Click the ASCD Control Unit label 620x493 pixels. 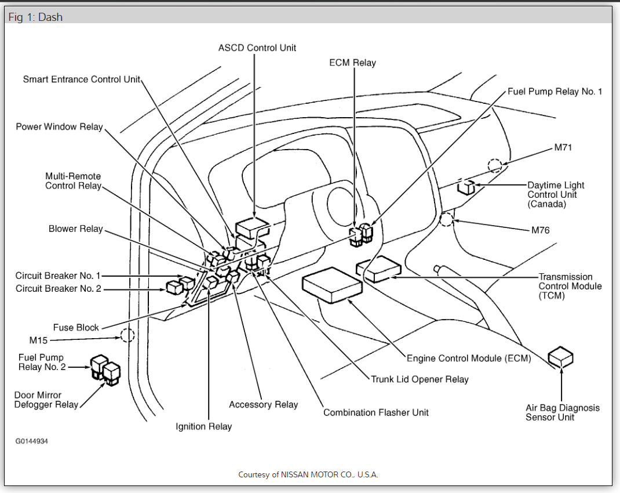coord(257,48)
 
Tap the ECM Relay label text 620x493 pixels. coord(352,63)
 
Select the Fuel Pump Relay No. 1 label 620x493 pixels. coord(555,92)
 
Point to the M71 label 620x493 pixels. coord(563,147)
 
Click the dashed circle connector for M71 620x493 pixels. coord(495,166)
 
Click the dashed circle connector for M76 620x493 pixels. coord(447,219)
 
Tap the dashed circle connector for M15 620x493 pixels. coord(127,335)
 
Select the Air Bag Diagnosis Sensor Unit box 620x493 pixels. coord(560,357)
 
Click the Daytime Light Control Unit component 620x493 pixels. coord(466,187)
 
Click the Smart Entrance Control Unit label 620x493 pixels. coord(82,79)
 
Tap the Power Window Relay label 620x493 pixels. coord(59,127)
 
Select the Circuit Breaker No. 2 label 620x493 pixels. coord(58,288)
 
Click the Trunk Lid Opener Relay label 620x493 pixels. coord(420,379)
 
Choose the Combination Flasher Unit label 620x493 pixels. coord(376,412)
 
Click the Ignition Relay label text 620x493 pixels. coord(203,427)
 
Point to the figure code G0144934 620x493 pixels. coord(32,441)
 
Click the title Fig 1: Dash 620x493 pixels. coord(35,17)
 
